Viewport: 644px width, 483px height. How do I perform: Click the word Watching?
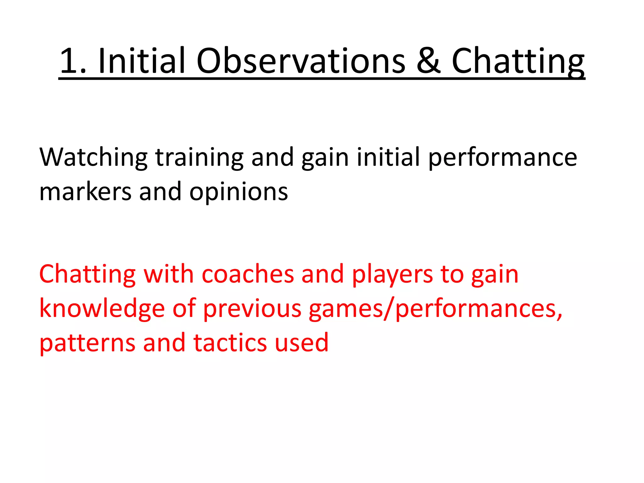click(93, 157)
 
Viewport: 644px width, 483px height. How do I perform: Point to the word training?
click(199, 157)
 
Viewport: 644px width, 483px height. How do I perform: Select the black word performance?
click(503, 157)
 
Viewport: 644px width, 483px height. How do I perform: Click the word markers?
click(85, 192)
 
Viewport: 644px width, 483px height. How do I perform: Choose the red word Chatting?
click(87, 274)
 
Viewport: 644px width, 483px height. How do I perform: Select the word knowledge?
click(102, 309)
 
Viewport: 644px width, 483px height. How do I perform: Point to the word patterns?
click(87, 343)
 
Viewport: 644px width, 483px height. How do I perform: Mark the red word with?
click(169, 274)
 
